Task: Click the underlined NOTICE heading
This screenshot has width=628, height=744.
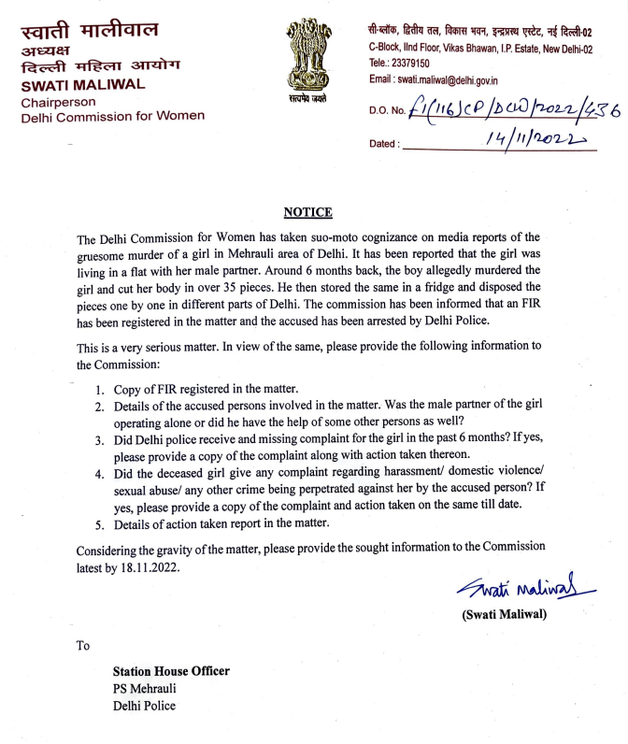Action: (x=313, y=213)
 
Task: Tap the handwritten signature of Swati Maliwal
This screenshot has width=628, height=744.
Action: (x=518, y=589)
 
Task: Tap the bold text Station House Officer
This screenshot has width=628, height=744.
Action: (x=171, y=671)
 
